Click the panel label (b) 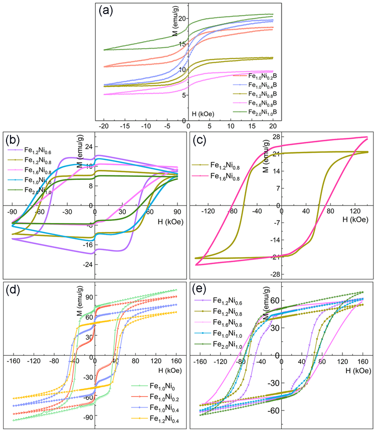14,138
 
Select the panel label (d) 14,288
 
